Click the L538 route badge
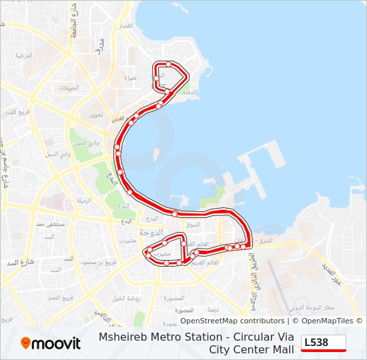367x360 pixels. pos(324,343)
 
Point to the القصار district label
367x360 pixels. pos(125,26)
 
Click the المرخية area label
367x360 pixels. pos(24,55)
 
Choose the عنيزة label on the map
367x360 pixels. pos(131,77)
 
